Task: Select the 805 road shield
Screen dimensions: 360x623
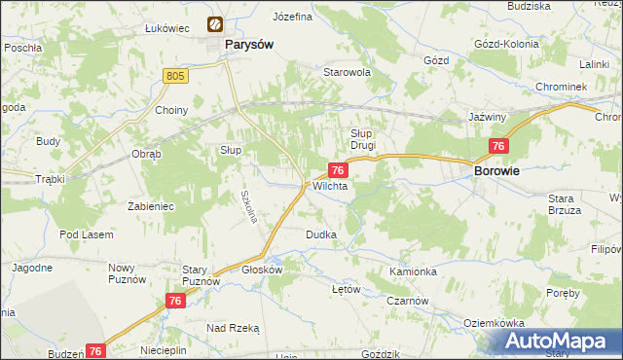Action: point(175,75)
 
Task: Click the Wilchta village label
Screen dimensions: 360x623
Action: point(330,186)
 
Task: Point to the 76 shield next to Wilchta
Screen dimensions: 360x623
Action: point(335,169)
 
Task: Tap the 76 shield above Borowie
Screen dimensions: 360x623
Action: point(498,146)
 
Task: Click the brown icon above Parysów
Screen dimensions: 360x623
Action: point(213,24)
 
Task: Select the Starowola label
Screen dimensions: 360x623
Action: point(348,72)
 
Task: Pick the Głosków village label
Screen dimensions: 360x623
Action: point(262,270)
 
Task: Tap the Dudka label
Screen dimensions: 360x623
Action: point(321,234)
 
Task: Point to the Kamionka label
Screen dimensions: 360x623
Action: point(413,271)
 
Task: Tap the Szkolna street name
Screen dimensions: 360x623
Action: point(249,205)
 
